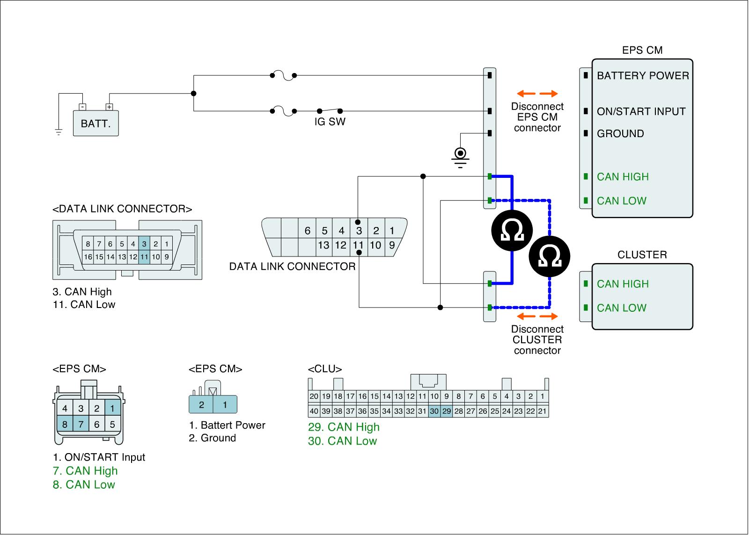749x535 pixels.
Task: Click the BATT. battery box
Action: pos(96,124)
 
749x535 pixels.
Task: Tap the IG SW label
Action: pos(330,122)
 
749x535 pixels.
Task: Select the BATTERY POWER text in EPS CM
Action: pos(643,76)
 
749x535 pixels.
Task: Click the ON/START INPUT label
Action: pos(641,112)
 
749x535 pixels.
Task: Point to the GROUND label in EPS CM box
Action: pos(620,134)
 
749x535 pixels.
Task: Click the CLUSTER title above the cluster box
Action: pos(642,255)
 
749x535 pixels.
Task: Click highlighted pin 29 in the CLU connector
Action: pos(447,411)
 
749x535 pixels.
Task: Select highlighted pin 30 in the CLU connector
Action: pos(434,411)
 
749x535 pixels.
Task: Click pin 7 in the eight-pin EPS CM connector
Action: pos(81,425)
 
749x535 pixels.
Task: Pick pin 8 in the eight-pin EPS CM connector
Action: pos(65,425)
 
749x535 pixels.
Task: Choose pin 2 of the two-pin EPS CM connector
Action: pos(201,405)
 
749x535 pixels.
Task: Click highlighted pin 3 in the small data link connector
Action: pos(144,244)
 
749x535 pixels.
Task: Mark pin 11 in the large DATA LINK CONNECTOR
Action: pos(358,245)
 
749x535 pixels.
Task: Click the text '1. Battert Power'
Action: pos(228,425)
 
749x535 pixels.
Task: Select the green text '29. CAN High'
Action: pos(344,427)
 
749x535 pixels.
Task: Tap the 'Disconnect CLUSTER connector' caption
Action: pos(537,340)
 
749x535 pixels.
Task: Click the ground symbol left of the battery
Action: pos(59,132)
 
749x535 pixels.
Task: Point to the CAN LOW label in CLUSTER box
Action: pos(621,308)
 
